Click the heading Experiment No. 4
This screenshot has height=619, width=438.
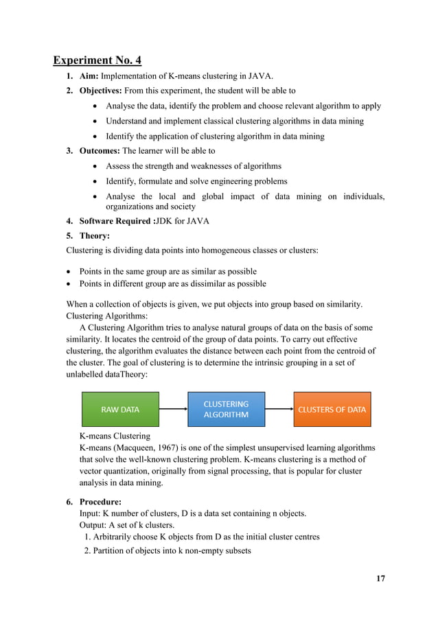[x=97, y=60]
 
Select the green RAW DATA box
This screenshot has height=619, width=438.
[x=120, y=409]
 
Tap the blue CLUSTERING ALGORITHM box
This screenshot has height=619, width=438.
[x=227, y=409]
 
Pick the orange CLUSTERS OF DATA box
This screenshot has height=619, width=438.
[x=332, y=409]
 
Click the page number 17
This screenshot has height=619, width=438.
[x=380, y=578]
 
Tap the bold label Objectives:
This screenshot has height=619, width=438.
[x=104, y=91]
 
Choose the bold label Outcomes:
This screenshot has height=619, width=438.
[x=100, y=151]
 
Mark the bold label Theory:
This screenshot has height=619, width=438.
[x=95, y=235]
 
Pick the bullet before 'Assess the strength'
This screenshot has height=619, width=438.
[x=95, y=166]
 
